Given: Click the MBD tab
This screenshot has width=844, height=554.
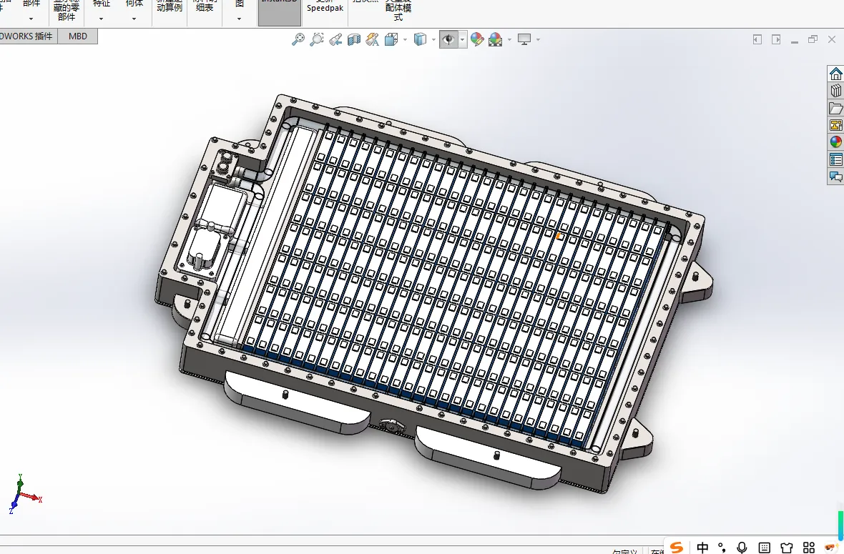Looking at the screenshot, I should point(77,36).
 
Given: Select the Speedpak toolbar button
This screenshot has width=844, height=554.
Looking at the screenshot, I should point(326,8).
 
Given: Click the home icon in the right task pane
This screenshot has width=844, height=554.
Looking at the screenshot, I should point(835,74).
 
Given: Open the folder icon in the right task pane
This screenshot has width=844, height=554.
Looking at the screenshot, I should point(835,108).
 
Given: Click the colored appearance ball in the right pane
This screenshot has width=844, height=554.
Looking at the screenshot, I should point(835,142).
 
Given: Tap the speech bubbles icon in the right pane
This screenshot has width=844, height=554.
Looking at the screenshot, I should point(835,176).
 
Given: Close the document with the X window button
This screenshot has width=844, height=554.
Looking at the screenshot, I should point(832,39).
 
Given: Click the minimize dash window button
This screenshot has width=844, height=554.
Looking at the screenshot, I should point(795,40).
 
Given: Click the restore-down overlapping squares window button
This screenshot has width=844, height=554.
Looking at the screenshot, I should point(813,39).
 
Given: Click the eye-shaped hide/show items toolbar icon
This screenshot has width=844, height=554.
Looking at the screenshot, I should point(448,39).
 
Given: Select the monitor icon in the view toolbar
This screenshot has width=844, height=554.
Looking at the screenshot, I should point(525,39).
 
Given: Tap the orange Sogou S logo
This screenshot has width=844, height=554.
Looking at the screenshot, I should point(676,548).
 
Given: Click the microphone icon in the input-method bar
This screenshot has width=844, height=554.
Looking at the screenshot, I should point(742,548).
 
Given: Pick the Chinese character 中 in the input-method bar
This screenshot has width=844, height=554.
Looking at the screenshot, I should point(702,548).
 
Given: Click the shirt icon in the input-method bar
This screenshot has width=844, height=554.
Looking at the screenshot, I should point(787,548).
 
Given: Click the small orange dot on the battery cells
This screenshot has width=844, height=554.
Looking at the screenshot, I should point(558,235).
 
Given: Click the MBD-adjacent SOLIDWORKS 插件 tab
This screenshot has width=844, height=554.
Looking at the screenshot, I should point(27,36).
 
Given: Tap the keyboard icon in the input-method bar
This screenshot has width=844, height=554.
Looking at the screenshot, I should point(764,548).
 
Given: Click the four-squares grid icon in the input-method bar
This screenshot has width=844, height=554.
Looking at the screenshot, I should point(809,548).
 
